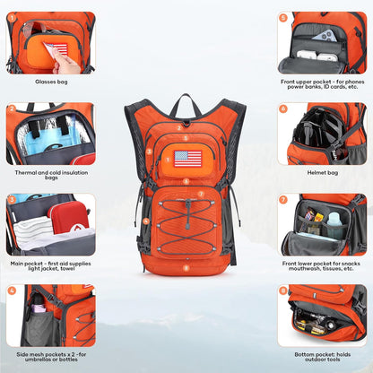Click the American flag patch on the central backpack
[187, 159]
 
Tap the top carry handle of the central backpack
[186, 101]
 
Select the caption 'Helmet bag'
[321, 171]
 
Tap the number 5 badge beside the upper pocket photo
[283, 17]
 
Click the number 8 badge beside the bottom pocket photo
[283, 291]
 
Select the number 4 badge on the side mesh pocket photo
[12, 291]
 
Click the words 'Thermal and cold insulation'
[50, 172]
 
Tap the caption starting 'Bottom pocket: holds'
[321, 354]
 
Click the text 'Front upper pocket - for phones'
[322, 82]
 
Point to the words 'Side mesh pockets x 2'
[50, 354]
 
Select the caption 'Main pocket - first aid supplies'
[50, 264]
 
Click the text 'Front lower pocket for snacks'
[322, 264]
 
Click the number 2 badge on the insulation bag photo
[12, 108]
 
